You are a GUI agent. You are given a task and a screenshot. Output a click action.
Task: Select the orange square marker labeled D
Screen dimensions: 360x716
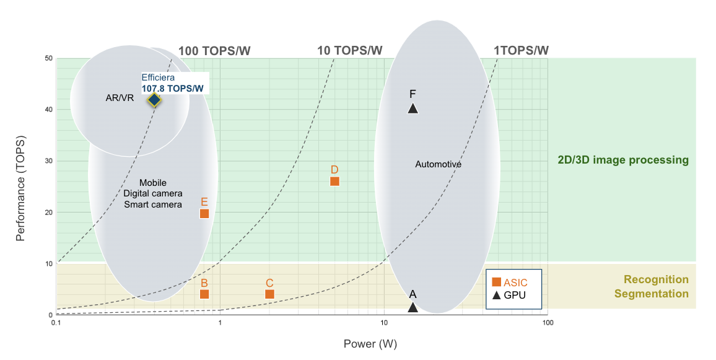(334, 182)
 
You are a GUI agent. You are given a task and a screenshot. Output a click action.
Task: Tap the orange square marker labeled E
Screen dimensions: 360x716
(204, 214)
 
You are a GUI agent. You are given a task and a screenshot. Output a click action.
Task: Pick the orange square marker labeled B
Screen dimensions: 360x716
(204, 294)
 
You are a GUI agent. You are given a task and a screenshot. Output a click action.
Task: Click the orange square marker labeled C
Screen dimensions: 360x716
(269, 294)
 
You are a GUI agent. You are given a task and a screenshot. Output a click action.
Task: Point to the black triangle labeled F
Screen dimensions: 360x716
(413, 108)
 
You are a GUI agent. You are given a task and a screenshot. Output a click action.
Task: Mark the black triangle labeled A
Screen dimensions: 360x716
(413, 307)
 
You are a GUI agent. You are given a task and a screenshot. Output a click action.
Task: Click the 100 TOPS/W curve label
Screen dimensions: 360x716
(215, 51)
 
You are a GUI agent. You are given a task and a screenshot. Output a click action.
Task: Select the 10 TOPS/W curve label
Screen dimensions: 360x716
(349, 51)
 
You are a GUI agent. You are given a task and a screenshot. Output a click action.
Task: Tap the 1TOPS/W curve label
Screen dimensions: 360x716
(520, 51)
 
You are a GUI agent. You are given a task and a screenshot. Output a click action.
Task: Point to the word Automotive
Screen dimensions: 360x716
(439, 164)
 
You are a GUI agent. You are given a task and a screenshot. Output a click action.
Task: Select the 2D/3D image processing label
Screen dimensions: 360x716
(623, 160)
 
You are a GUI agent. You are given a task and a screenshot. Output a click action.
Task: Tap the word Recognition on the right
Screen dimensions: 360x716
(656, 279)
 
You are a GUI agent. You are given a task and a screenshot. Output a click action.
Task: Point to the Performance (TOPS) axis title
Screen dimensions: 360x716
(20, 187)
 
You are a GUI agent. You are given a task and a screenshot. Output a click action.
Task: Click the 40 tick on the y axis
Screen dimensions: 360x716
(47, 110)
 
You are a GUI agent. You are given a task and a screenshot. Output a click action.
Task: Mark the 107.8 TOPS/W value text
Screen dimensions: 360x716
(172, 89)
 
